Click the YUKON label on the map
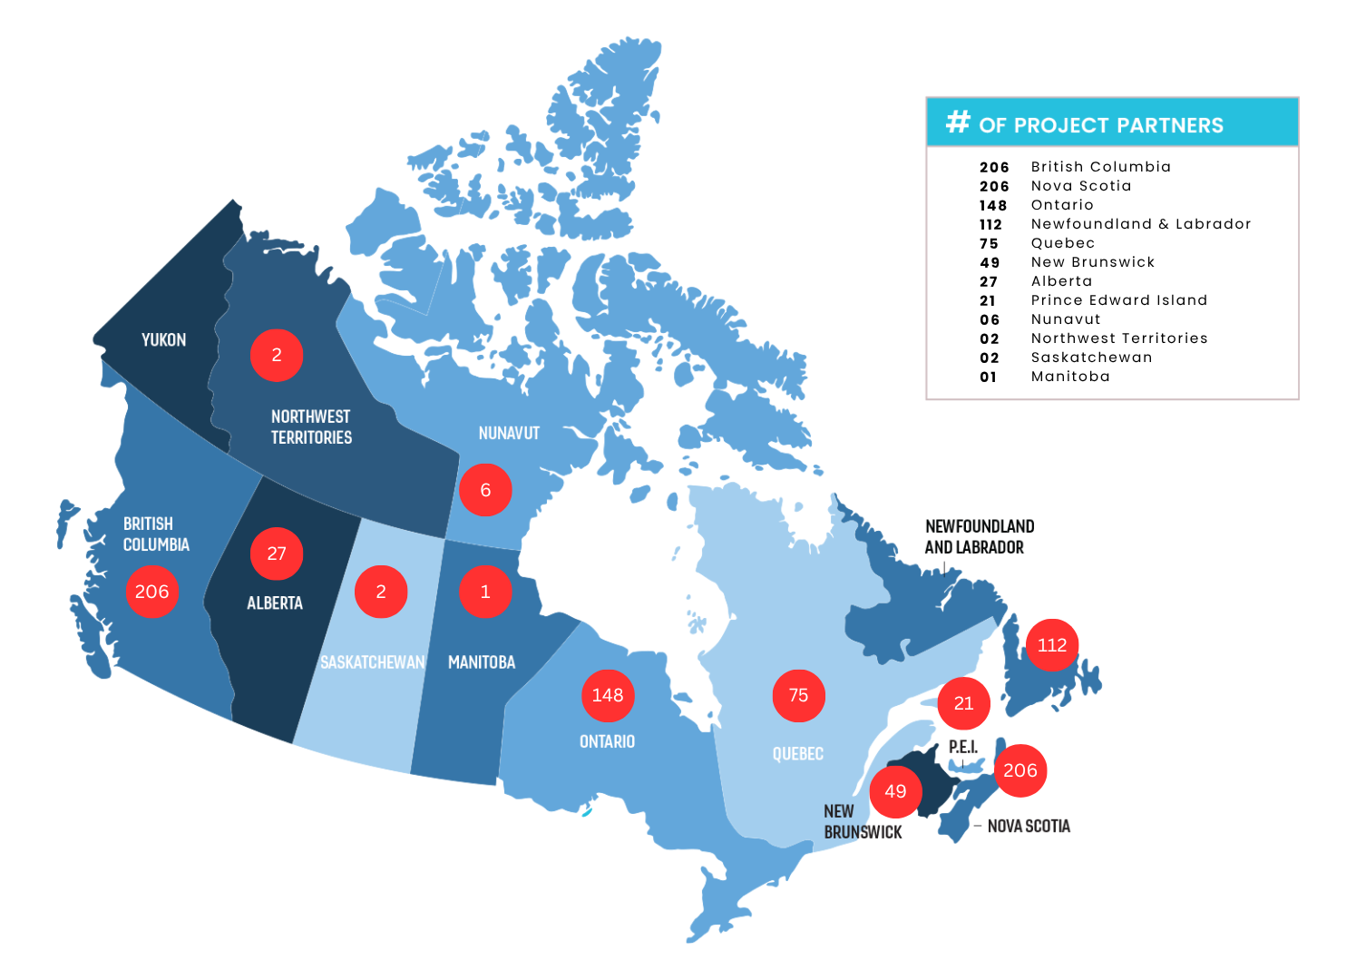pyautogui.click(x=163, y=340)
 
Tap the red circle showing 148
pyautogui.click(x=608, y=696)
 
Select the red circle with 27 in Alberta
pyautogui.click(x=277, y=554)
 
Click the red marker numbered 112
pyautogui.click(x=1052, y=645)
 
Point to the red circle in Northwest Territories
pyautogui.click(x=277, y=355)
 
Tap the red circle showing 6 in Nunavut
pyautogui.click(x=485, y=490)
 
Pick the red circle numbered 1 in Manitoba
pyautogui.click(x=485, y=592)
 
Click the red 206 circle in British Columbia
pyautogui.click(x=151, y=592)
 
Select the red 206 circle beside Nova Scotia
pyautogui.click(x=1020, y=770)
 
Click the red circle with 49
pyautogui.click(x=895, y=791)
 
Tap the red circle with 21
pyautogui.click(x=963, y=703)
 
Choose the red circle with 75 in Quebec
pyautogui.click(x=798, y=696)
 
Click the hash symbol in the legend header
pyautogui.click(x=958, y=122)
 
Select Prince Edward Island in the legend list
pyautogui.click(x=1118, y=300)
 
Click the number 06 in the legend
pyautogui.click(x=990, y=319)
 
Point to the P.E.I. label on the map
pyautogui.click(x=963, y=747)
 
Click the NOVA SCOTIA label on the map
pyautogui.click(x=1029, y=826)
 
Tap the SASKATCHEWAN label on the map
pyautogui.click(x=372, y=662)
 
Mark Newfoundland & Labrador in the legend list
pyautogui.click(x=1140, y=224)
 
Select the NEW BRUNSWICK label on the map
pyautogui.click(x=862, y=822)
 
